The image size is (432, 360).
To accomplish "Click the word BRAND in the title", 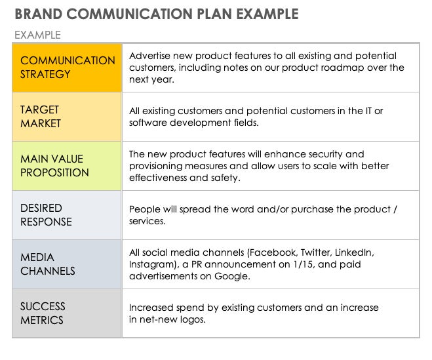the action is click(38, 14).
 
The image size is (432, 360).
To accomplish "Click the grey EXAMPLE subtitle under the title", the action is click(37, 35).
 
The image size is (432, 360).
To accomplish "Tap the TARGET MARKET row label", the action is click(41, 117).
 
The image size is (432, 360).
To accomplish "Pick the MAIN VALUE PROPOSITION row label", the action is click(54, 166).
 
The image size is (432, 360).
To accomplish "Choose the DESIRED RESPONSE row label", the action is click(46, 214).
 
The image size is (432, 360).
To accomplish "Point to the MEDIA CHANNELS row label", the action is click(48, 264).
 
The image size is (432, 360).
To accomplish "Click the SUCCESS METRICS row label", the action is click(43, 313).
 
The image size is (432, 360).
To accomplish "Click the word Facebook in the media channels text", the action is click(273, 252).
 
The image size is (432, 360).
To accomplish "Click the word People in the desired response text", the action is click(145, 209).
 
